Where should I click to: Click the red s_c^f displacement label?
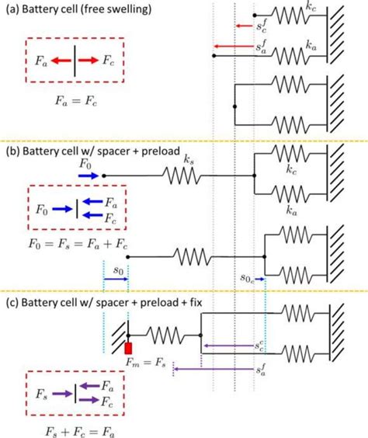[x=264, y=26]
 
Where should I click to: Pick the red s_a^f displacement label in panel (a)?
[x=264, y=48]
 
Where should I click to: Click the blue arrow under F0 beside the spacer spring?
[x=88, y=176]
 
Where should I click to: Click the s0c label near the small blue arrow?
[x=246, y=276]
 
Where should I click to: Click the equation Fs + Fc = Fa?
[x=75, y=428]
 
